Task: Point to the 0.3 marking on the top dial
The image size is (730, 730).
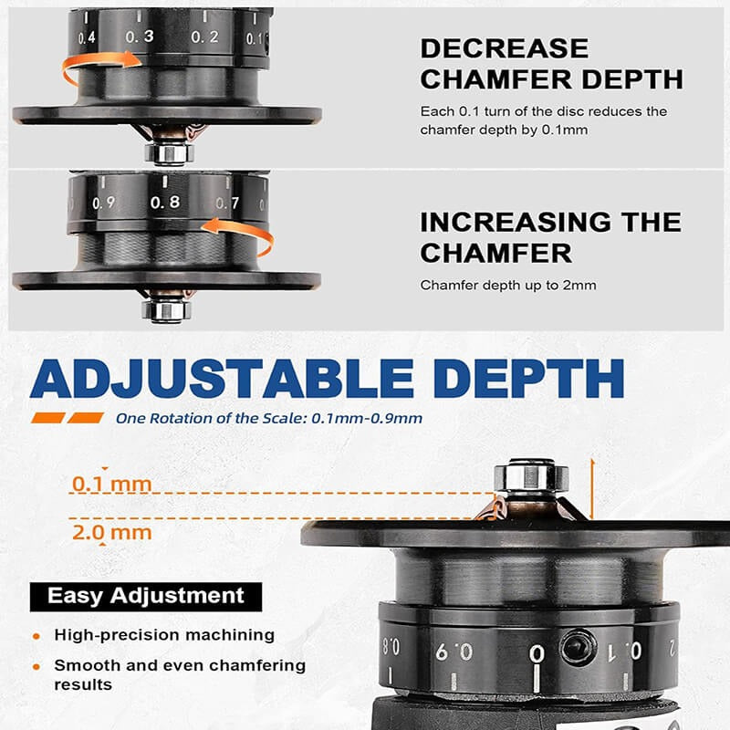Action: pyautogui.click(x=140, y=36)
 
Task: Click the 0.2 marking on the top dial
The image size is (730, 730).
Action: pyautogui.click(x=204, y=36)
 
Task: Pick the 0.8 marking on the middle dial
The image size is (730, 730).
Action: pyautogui.click(x=164, y=202)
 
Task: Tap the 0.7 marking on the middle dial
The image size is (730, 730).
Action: pyautogui.click(x=227, y=203)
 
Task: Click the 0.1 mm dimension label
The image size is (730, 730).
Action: pyautogui.click(x=112, y=484)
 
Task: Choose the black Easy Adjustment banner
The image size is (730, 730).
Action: pyautogui.click(x=146, y=596)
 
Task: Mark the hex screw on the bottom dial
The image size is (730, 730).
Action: pyautogui.click(x=578, y=648)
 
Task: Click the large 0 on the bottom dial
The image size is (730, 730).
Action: pyautogui.click(x=537, y=653)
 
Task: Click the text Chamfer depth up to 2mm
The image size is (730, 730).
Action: pyautogui.click(x=508, y=285)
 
